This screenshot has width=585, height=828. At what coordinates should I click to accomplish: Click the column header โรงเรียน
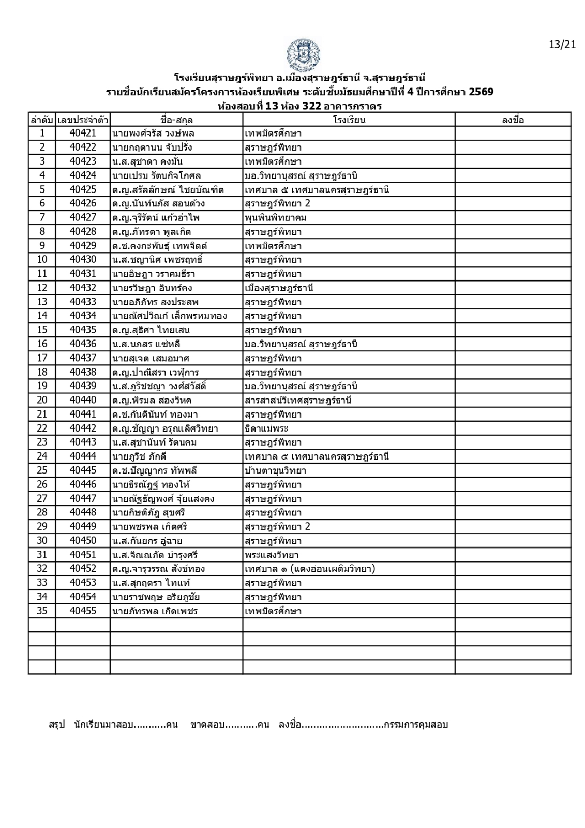coord(349,120)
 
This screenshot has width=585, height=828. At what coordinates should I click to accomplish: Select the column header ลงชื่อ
coord(513,120)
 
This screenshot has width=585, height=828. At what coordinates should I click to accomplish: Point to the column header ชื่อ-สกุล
coord(176,120)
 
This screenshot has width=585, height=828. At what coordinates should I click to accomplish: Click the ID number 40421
coord(83,134)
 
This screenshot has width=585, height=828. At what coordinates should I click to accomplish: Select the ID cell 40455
coord(83,611)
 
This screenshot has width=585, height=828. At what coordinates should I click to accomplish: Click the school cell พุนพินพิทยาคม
coord(276,218)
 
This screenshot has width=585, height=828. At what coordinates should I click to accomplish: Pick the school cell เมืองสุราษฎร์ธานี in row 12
coord(279,288)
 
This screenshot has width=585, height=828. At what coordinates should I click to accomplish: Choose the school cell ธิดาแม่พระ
coord(266,428)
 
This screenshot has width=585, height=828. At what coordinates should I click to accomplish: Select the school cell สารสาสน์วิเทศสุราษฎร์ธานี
coord(298,400)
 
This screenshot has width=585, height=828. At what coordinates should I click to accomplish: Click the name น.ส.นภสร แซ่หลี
coord(146,344)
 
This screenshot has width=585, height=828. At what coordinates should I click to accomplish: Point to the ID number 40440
coord(83,400)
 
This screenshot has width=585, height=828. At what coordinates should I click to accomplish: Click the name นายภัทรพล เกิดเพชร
coord(155,611)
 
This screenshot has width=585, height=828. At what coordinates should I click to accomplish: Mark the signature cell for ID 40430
coord(513,260)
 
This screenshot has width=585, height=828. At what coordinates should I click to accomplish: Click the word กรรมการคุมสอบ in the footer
coord(416,724)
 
